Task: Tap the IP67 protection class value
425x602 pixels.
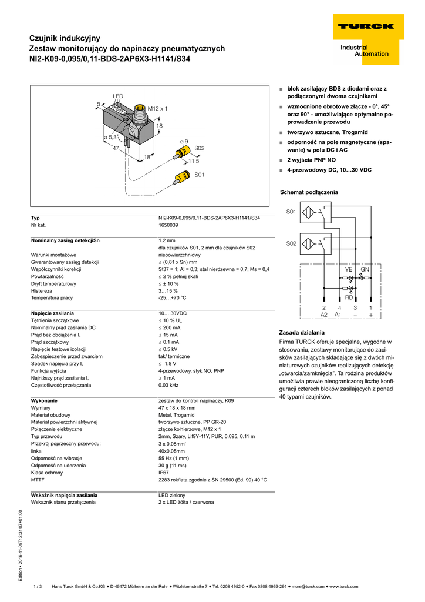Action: [164, 472]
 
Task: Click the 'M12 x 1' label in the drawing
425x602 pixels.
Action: [157, 109]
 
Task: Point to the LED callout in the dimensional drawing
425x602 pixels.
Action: [118, 95]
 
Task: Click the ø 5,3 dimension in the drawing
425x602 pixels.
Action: [110, 137]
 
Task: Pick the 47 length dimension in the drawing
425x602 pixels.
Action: [116, 149]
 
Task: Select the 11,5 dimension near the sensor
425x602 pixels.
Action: [194, 160]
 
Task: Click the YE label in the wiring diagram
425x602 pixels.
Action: [349, 269]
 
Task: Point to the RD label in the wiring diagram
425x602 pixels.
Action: [349, 297]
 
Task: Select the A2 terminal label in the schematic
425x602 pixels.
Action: [324, 315]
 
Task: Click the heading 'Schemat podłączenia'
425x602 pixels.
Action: [309, 192]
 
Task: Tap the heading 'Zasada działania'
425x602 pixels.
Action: [301, 332]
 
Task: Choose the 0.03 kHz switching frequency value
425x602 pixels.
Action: [168, 385]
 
